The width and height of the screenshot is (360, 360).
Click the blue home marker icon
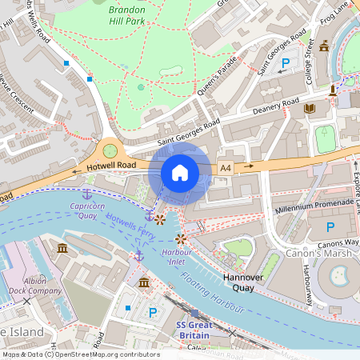[x=180, y=173]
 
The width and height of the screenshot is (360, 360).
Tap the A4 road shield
[x=226, y=168]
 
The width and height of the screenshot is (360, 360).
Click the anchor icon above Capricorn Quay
[x=87, y=194]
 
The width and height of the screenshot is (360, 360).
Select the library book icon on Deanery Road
[x=310, y=107]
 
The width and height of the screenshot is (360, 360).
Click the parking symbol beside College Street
[x=286, y=63]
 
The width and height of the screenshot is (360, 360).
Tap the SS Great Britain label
[x=193, y=330]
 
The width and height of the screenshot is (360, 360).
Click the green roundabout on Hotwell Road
[x=110, y=150]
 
